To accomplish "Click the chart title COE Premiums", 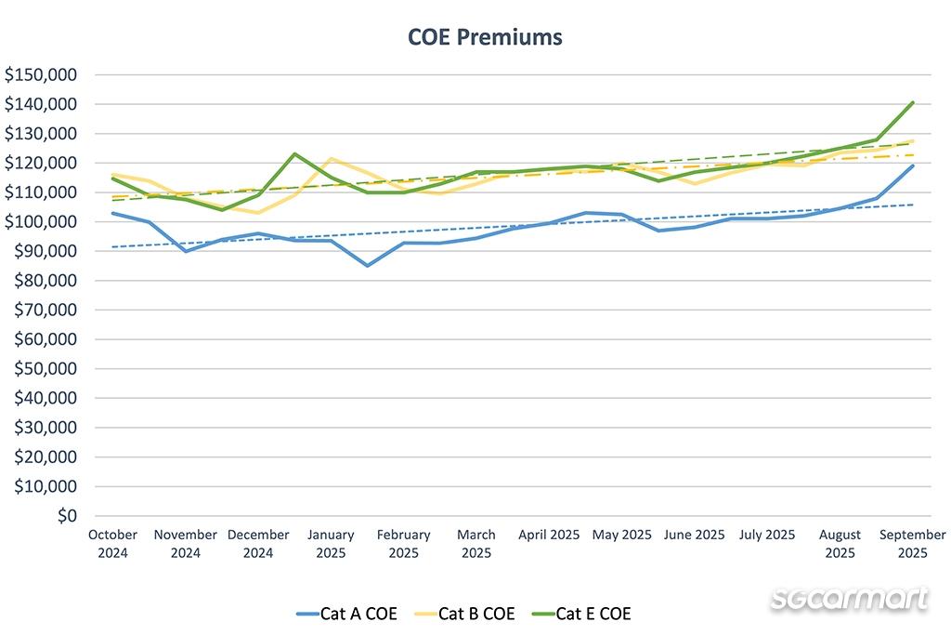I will pyautogui.click(x=485, y=37).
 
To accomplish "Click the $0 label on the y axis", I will pyautogui.click(x=66, y=516).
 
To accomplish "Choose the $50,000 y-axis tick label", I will pyautogui.click(x=46, y=369).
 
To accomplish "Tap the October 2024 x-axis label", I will pyautogui.click(x=112, y=544).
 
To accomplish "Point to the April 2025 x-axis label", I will pyautogui.click(x=549, y=536).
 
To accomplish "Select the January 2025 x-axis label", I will pyautogui.click(x=331, y=544).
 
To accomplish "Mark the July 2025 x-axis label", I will pyautogui.click(x=767, y=536).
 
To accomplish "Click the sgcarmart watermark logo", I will pyautogui.click(x=849, y=599).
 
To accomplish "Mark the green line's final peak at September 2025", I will pyautogui.click(x=913, y=102).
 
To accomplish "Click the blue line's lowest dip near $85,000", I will pyautogui.click(x=368, y=266).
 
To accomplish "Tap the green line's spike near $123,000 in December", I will pyautogui.click(x=294, y=154).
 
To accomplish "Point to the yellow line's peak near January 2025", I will pyautogui.click(x=331, y=159).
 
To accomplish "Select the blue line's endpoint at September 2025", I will pyautogui.click(x=913, y=165).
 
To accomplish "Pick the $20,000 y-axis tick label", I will pyautogui.click(x=46, y=457).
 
